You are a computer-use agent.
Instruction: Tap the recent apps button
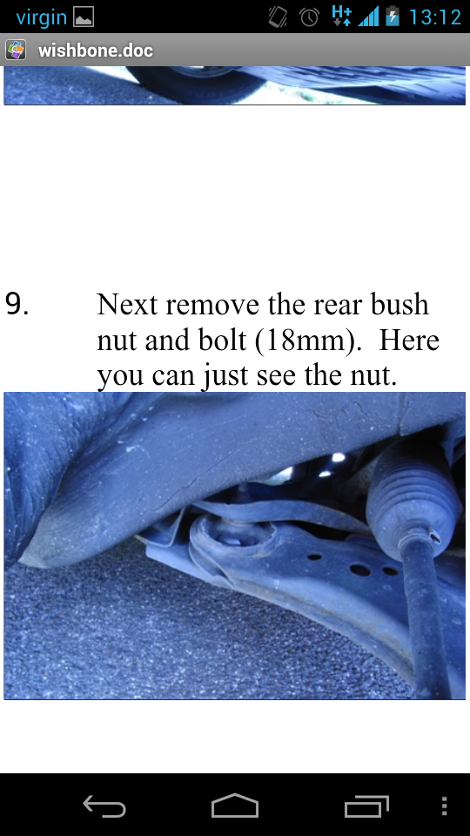[366, 806]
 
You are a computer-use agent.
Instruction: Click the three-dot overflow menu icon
[445, 806]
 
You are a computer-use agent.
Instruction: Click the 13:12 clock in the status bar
[435, 17]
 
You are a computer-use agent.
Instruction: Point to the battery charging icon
[393, 16]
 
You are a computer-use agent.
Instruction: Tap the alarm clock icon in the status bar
[309, 17]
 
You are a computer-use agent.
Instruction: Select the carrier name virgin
[41, 17]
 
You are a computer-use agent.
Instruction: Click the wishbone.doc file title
[96, 51]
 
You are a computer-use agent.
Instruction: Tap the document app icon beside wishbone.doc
[16, 51]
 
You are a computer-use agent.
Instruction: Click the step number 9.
[17, 304]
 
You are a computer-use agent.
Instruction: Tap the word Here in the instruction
[409, 340]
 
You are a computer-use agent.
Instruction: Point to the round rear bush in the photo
[233, 538]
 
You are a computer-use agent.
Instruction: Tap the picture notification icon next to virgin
[84, 17]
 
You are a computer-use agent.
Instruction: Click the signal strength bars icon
[368, 17]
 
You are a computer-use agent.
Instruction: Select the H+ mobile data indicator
[341, 16]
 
